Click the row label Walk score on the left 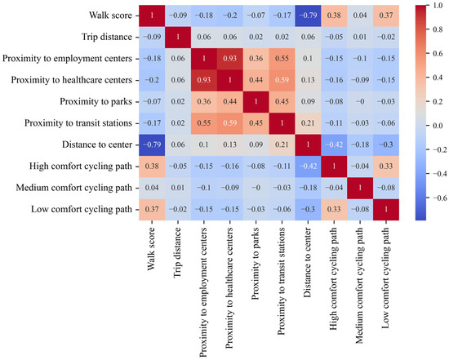click(110, 16)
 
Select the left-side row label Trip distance click(107, 37)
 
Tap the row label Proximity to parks click(96, 102)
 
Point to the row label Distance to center click(97, 144)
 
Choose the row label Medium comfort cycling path click(73, 188)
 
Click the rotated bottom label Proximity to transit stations click(281, 282)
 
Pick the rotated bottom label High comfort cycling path click(333, 279)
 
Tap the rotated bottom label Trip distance click(177, 252)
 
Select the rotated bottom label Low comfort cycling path click(385, 278)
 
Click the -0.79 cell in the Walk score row click(308, 16)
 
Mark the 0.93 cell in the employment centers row click(230, 59)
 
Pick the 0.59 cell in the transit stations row click(230, 123)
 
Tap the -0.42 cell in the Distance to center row click(334, 144)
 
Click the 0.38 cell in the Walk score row click(334, 16)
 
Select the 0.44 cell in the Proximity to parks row click(230, 102)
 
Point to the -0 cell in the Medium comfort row click(256, 188)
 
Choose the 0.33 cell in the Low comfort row click(334, 209)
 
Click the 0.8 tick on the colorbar click(428, 29)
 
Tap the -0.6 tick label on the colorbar click(438, 198)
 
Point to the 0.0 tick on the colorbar click(428, 126)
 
